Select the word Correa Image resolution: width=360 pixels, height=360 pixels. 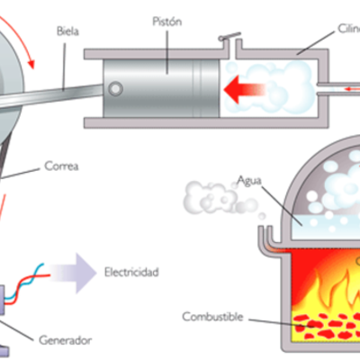(x=58, y=166)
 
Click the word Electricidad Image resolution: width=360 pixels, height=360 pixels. (x=132, y=271)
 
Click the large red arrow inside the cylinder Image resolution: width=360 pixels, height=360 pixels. (x=245, y=88)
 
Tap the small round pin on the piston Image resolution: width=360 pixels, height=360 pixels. (x=116, y=88)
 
